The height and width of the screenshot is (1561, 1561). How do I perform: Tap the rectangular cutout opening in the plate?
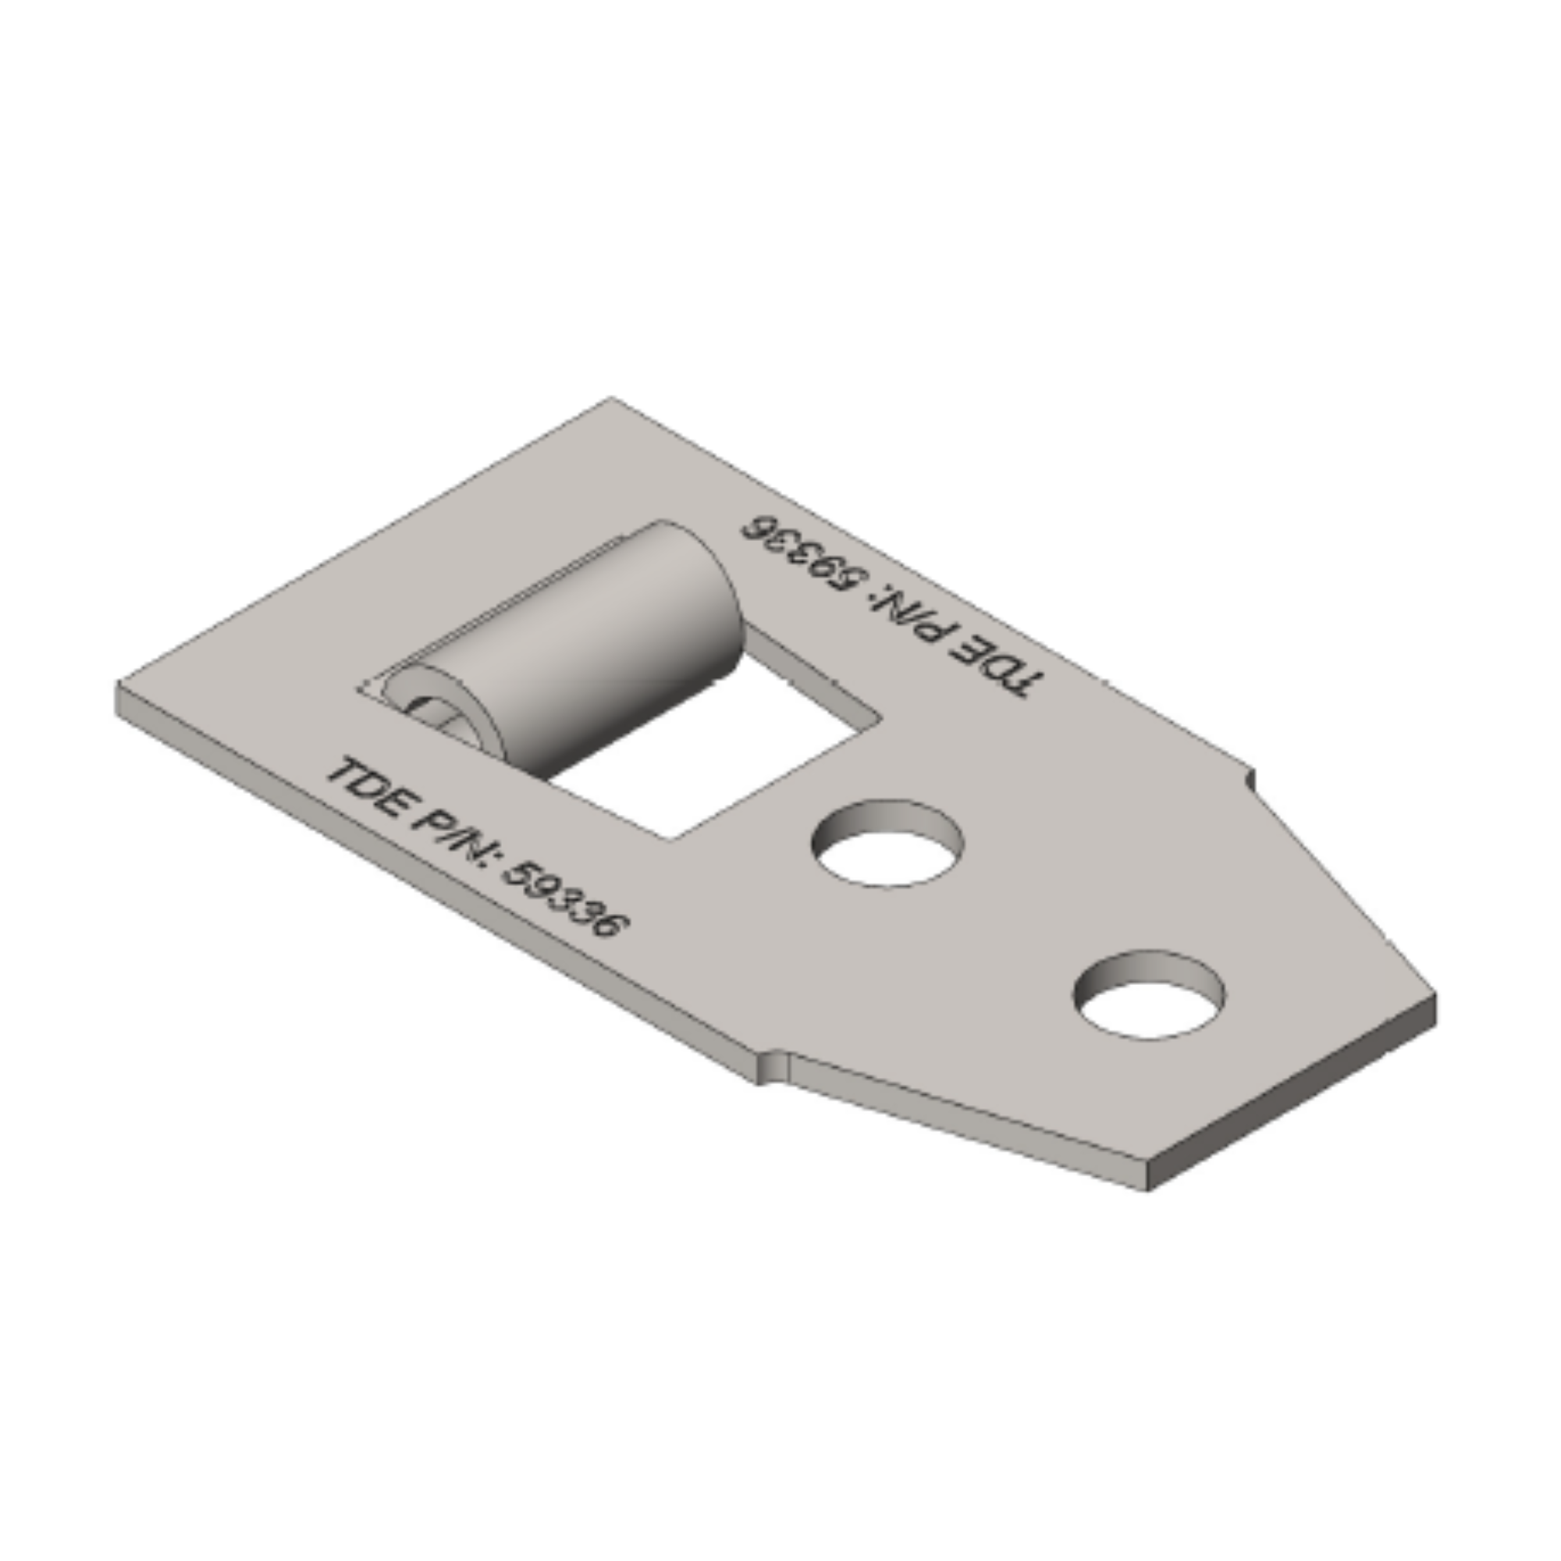coord(711,752)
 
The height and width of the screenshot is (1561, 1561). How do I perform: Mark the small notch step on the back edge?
coord(1252,777)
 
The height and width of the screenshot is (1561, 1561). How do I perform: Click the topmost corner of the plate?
coord(610,398)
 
